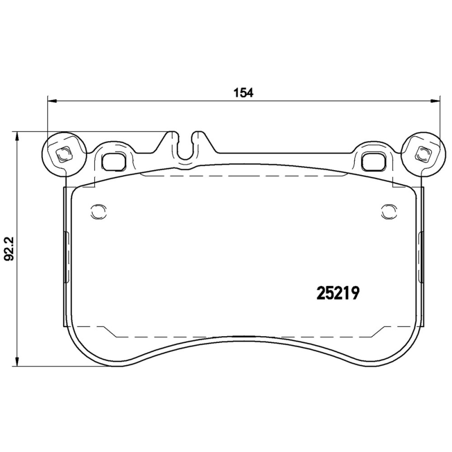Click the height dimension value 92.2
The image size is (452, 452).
[9, 249]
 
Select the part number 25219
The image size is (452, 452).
[337, 293]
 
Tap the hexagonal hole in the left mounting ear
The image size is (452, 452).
[63, 154]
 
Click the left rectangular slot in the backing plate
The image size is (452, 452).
[115, 161]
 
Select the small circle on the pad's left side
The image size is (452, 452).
[97, 211]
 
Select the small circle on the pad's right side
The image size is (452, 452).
[388, 211]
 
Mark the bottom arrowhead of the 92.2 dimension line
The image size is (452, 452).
[19, 362]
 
